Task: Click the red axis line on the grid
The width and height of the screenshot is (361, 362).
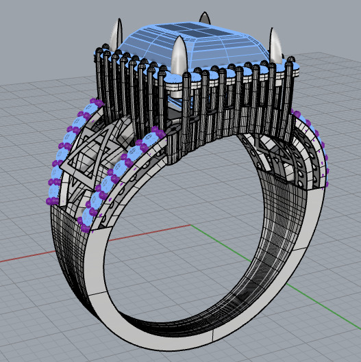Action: click(41, 255)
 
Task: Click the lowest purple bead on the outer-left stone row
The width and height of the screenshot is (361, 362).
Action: click(49, 201)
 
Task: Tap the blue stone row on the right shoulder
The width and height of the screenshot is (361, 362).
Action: click(312, 140)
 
